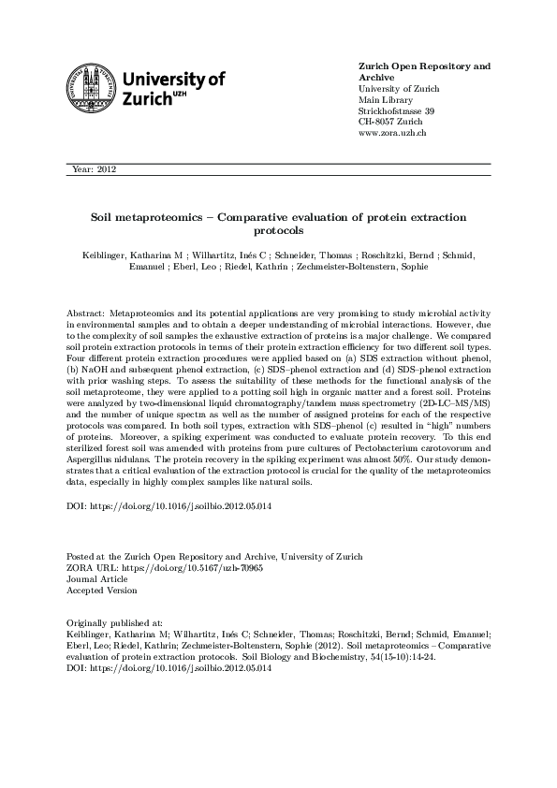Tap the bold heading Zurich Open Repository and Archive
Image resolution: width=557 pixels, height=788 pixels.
(424, 71)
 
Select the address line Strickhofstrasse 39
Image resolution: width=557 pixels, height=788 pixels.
(397, 110)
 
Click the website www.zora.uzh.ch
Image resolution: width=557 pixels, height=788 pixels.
(392, 133)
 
